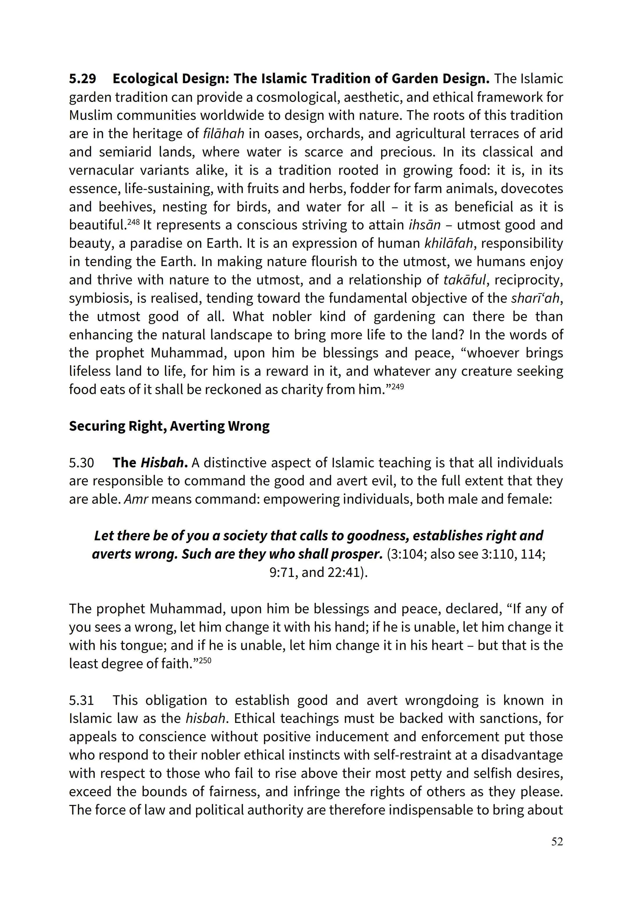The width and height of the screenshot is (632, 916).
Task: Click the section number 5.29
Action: (x=82, y=79)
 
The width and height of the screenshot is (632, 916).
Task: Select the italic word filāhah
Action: (x=223, y=133)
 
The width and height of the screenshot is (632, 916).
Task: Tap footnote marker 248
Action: (x=133, y=222)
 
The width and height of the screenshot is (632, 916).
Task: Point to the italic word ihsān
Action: (x=425, y=225)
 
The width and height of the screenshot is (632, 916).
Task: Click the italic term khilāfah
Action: (x=449, y=243)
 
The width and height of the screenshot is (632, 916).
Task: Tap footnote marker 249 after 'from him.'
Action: (x=398, y=386)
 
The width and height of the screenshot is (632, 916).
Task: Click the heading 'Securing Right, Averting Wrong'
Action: (x=169, y=426)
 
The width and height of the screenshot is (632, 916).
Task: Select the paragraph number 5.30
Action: (x=82, y=463)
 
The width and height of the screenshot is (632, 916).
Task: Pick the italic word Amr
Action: (x=136, y=499)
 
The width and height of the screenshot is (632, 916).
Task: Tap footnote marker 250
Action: (x=205, y=660)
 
